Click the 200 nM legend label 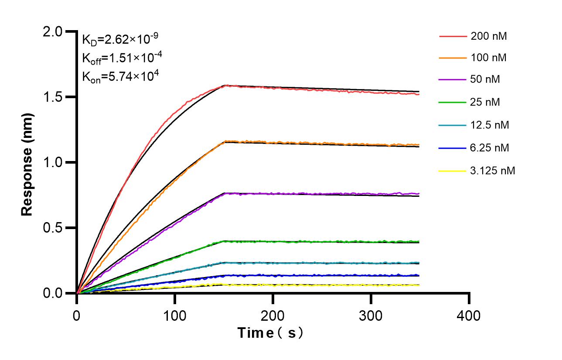pyautogui.click(x=489, y=36)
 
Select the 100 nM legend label pyautogui.click(x=489, y=57)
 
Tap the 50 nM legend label pyautogui.click(x=485, y=79)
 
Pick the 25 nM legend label pyautogui.click(x=485, y=102)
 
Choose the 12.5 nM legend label pyautogui.click(x=490, y=125)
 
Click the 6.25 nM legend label pyautogui.click(x=490, y=148)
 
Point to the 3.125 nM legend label pyautogui.click(x=493, y=171)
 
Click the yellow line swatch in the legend pyautogui.click(x=452, y=171)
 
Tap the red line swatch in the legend pyautogui.click(x=452, y=37)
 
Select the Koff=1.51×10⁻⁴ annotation pyautogui.click(x=120, y=58)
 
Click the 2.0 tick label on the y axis pyautogui.click(x=52, y=31)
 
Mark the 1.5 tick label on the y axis pyautogui.click(x=52, y=97)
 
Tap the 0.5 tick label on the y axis pyautogui.click(x=52, y=228)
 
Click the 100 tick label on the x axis pyautogui.click(x=175, y=315)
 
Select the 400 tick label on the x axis pyautogui.click(x=469, y=315)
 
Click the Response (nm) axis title pyautogui.click(x=27, y=162)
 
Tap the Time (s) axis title pyautogui.click(x=270, y=333)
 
